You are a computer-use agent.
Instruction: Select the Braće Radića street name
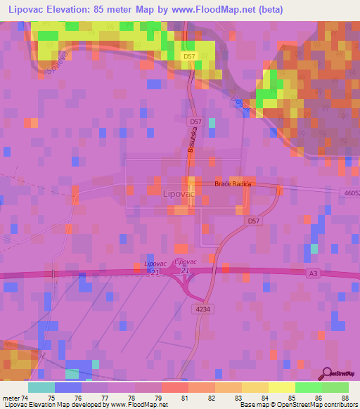pyautogui.click(x=232, y=184)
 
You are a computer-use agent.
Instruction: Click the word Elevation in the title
pyautogui.click(x=76, y=11)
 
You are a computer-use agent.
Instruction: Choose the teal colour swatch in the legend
pyautogui.click(x=41, y=387)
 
